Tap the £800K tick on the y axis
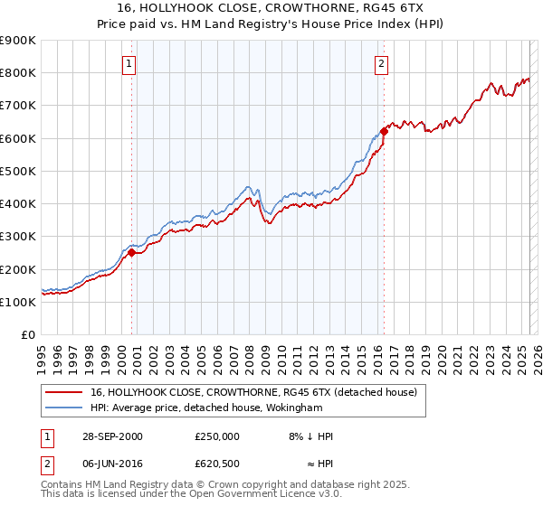18,73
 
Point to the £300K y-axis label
18,237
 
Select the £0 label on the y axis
29,335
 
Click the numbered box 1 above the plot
130,64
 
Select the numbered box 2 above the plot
382,64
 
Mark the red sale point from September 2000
131,253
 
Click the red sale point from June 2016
384,132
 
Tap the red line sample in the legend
64,393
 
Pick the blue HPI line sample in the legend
64,408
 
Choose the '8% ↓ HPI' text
310,436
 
